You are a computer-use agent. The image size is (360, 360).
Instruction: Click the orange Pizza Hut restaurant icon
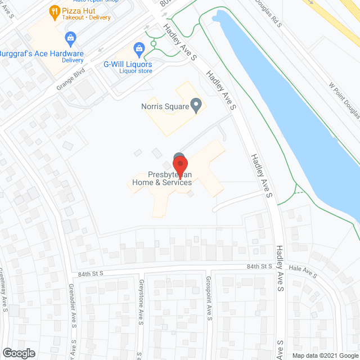(x=55, y=10)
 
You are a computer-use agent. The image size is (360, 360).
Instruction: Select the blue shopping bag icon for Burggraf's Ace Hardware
(x=70, y=38)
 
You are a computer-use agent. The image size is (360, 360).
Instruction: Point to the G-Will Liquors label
(x=127, y=64)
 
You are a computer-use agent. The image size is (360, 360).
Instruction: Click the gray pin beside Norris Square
(x=196, y=105)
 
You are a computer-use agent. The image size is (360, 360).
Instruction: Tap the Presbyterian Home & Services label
(x=162, y=178)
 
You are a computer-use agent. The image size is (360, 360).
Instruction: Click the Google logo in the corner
(x=19, y=353)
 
